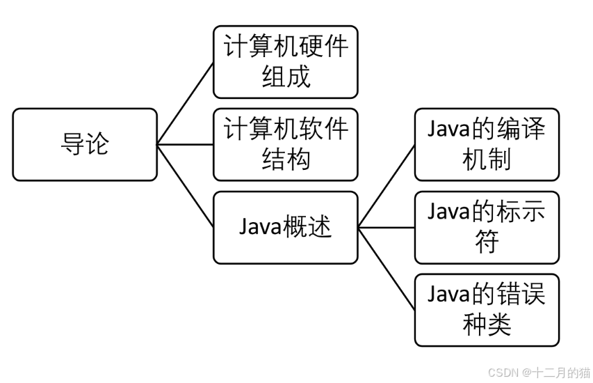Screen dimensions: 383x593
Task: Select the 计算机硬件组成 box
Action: (x=285, y=62)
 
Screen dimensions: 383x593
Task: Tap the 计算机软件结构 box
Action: (x=285, y=145)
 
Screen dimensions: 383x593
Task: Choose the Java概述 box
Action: (x=285, y=228)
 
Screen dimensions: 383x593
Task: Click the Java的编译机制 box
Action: (x=487, y=145)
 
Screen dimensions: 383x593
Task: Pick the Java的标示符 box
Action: (x=487, y=228)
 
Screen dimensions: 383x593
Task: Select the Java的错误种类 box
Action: (x=487, y=310)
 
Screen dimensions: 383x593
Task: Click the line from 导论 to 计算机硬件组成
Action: (x=185, y=103)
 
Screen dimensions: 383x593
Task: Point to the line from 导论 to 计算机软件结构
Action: (x=185, y=145)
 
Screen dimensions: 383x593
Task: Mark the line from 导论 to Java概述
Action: (x=185, y=186)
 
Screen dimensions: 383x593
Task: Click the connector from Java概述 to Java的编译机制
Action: (x=387, y=186)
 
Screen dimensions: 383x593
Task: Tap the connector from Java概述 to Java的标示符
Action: (x=387, y=228)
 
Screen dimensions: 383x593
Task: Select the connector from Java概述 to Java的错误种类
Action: (x=387, y=269)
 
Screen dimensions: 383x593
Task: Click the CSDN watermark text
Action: (x=539, y=373)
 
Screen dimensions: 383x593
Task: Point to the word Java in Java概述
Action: (x=260, y=228)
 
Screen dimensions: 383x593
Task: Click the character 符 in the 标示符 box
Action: (x=487, y=243)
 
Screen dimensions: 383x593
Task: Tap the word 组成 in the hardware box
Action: (x=285, y=77)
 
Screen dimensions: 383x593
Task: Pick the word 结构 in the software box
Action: (x=285, y=159)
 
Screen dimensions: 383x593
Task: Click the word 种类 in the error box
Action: (x=487, y=325)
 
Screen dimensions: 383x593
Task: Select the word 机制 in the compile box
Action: (x=487, y=159)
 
